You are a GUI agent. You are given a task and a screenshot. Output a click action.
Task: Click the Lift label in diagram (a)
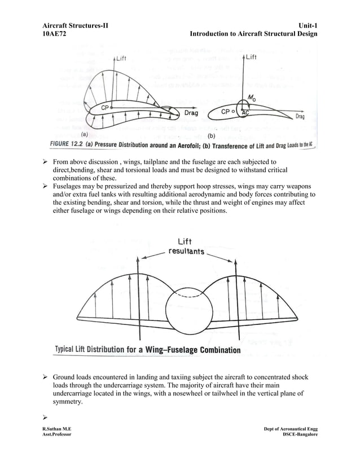[121, 58]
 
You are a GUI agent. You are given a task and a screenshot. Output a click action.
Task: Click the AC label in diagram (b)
[245, 113]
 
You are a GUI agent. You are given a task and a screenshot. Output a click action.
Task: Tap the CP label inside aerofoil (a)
[106, 107]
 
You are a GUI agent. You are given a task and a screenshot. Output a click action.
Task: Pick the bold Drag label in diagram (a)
[191, 113]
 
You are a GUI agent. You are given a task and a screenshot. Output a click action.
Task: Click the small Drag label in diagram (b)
[300, 117]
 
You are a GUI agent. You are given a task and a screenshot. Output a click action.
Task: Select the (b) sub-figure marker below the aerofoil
[213, 136]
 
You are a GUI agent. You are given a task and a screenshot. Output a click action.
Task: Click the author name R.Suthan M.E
[56, 429]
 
